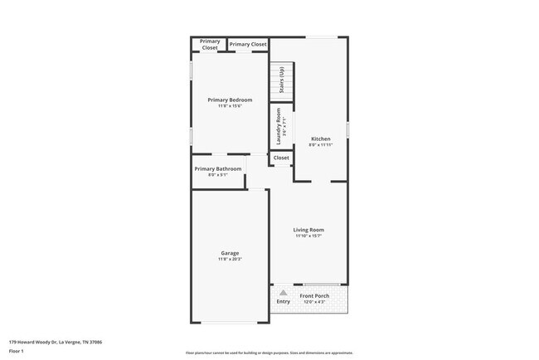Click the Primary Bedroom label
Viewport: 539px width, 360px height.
coord(230,100)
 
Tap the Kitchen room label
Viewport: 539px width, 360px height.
coord(321,139)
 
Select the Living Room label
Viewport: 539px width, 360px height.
coord(308,230)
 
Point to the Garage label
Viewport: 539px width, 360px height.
coord(230,253)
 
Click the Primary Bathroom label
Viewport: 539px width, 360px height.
coord(218,168)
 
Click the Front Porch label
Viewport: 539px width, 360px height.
coord(316,296)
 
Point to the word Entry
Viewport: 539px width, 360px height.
coord(284,301)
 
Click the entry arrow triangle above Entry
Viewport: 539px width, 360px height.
coord(284,293)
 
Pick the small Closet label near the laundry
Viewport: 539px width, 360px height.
coord(281,158)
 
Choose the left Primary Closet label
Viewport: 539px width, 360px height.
coord(210,45)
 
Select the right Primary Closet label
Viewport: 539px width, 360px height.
coord(248,44)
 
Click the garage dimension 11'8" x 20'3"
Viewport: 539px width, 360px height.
coord(230,260)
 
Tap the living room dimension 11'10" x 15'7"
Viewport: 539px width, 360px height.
coord(308,236)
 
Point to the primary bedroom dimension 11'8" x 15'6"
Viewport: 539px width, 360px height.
coord(230,106)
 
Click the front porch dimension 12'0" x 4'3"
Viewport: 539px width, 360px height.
coord(316,303)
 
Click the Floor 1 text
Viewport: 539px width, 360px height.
coord(16,351)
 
